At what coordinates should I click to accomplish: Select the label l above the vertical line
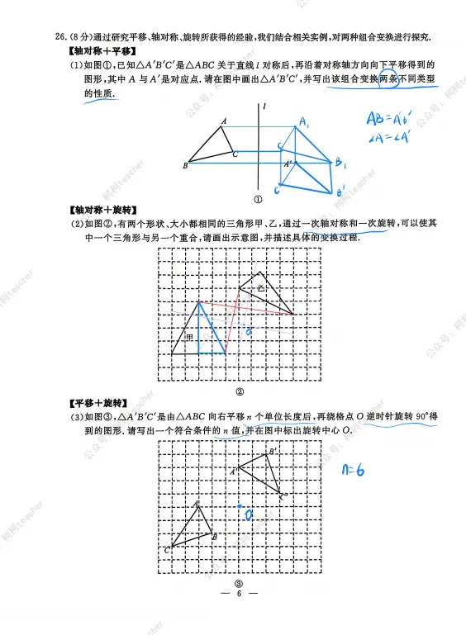point(263,106)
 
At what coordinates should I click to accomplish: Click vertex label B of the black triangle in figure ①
point(185,166)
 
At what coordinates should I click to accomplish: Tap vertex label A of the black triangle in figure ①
point(223,121)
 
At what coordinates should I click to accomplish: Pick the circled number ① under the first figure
point(257,198)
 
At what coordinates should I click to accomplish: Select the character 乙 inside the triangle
point(260,288)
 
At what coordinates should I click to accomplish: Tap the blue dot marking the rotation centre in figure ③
point(240,505)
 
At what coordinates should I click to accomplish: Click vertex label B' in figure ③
point(272,452)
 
